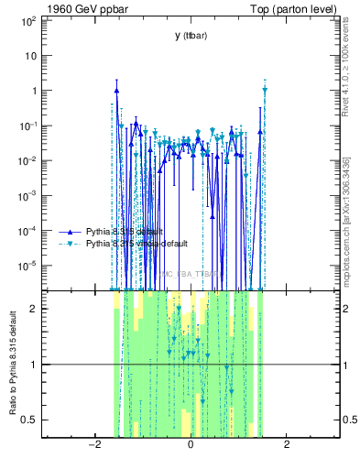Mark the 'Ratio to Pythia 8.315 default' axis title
point(13,364)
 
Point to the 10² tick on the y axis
point(28,20)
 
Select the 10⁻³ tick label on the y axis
point(27,195)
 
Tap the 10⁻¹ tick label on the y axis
point(27,125)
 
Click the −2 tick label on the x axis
point(93,446)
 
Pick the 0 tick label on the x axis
point(190,446)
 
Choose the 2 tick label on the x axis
point(287,446)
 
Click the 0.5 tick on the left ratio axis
point(28,420)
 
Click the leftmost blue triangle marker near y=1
point(117,90)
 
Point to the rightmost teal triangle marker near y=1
point(265,90)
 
